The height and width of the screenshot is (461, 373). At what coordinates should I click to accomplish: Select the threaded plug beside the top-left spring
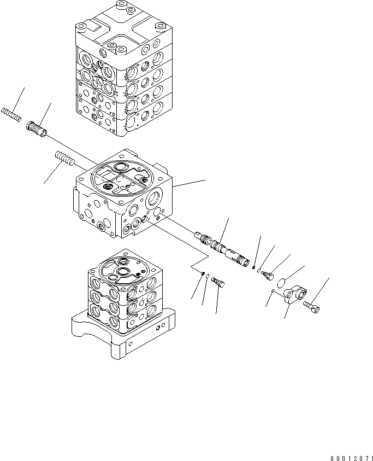click(x=37, y=131)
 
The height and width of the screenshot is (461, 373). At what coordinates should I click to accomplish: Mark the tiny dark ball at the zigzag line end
click(x=203, y=273)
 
